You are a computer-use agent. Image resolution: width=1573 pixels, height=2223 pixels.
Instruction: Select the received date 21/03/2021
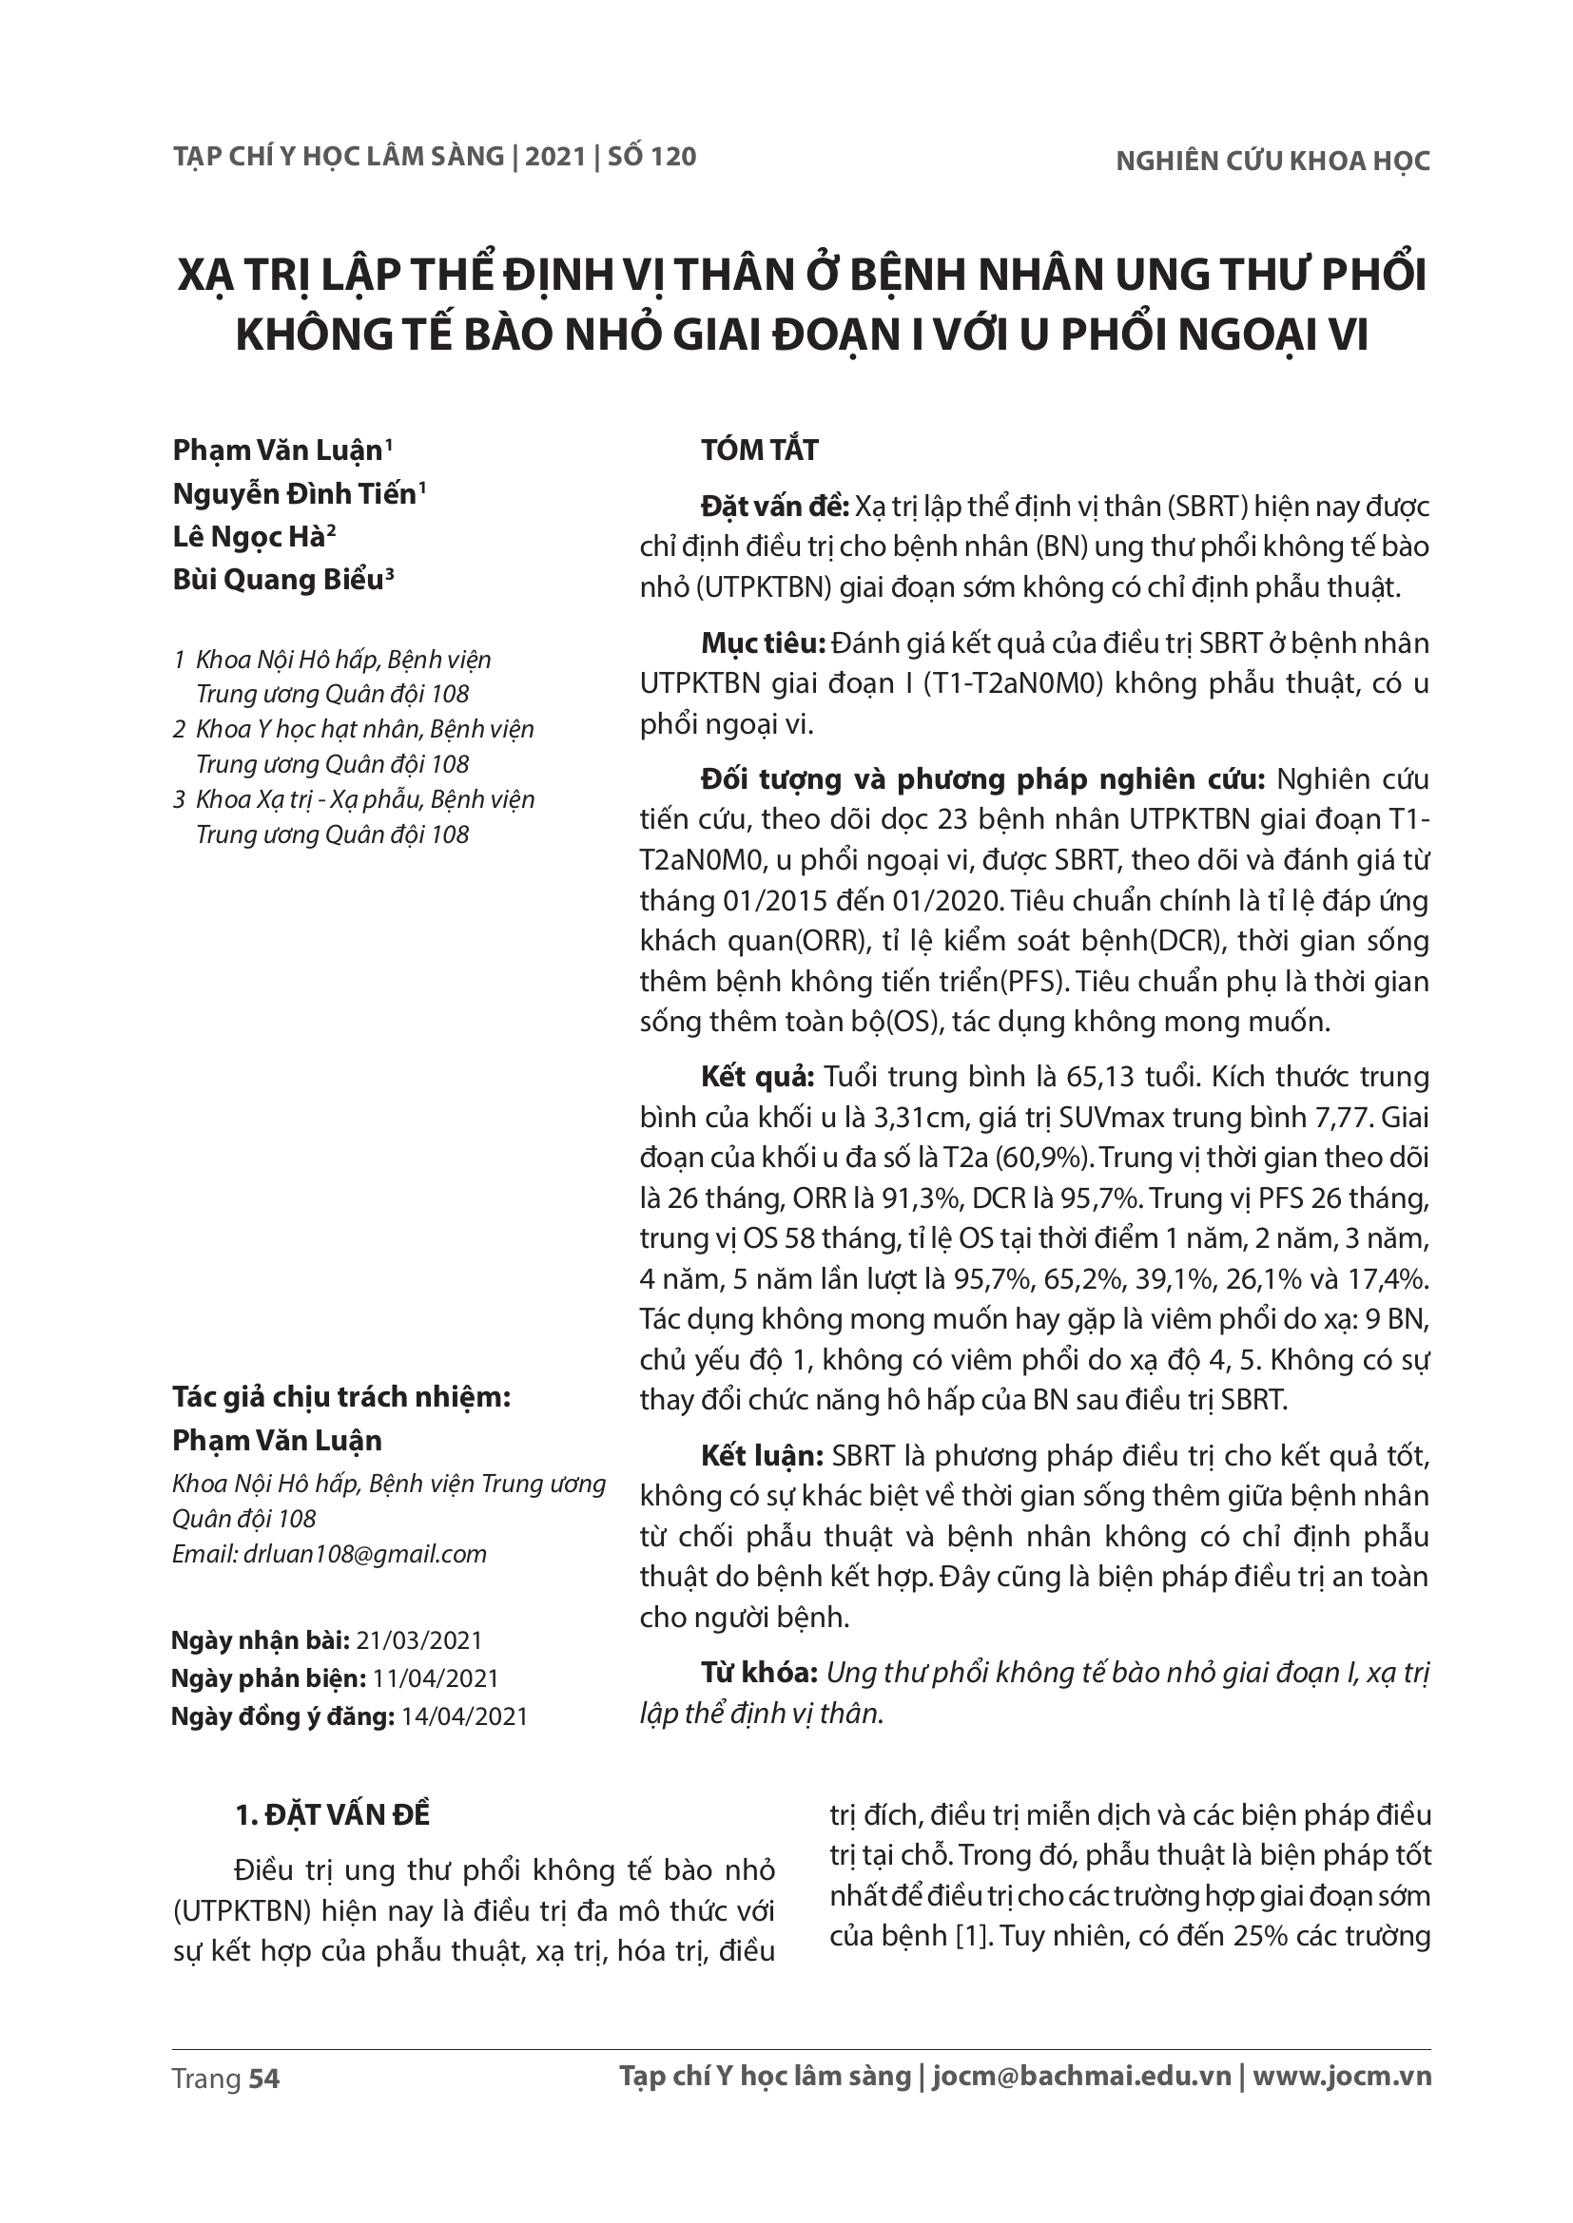point(419,1640)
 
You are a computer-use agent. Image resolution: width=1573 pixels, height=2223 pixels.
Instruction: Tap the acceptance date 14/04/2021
point(465,1716)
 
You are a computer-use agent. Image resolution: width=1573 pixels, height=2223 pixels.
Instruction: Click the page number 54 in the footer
point(263,2079)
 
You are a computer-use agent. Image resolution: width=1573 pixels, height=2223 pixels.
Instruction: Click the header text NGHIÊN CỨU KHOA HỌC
point(1272,162)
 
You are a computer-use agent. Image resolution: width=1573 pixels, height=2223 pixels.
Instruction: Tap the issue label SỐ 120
point(651,157)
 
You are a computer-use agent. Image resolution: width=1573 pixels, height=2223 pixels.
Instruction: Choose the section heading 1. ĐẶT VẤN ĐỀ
point(333,1815)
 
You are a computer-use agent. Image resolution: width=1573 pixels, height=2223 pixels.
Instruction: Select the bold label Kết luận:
point(762,1456)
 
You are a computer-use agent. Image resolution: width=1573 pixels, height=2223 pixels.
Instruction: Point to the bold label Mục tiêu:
point(762,642)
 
